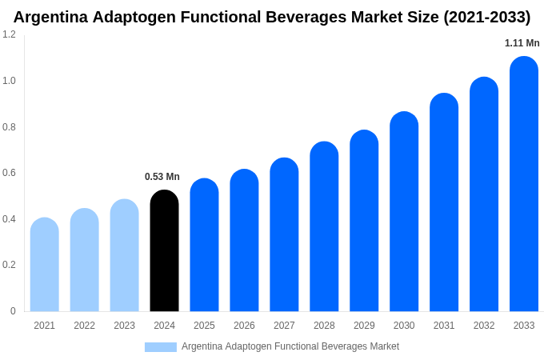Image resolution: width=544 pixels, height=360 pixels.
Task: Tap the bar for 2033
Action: pos(524,184)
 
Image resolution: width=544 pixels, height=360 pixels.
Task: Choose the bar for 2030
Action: pos(404,211)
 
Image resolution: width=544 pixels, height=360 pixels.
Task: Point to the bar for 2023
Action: pos(124,255)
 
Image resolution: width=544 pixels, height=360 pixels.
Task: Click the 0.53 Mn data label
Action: pos(162,177)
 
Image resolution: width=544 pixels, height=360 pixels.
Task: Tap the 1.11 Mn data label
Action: pos(522,43)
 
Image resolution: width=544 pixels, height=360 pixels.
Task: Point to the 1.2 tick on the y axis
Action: pos(9,34)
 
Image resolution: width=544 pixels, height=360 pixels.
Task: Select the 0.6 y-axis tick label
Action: pos(9,173)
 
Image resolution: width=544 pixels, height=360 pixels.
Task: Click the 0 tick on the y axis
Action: pos(13,311)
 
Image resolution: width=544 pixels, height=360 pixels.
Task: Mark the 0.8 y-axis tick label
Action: pos(9,127)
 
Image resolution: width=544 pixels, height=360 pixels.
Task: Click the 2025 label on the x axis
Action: pos(204,326)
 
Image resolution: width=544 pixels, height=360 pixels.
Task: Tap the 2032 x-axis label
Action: pos(484,326)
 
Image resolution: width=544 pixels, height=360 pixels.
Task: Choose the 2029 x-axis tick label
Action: pos(364,326)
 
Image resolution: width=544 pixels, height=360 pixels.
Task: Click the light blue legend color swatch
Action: pos(160,346)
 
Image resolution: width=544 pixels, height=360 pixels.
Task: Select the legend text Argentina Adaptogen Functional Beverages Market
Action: pos(290,346)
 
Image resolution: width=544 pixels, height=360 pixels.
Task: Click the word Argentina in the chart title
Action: pos(50,17)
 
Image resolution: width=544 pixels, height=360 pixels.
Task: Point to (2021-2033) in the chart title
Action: pos(486,17)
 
